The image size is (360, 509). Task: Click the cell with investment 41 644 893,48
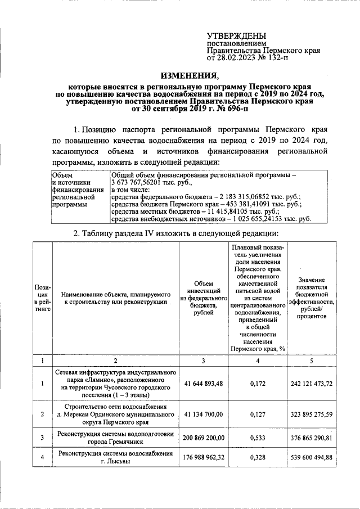[204, 384]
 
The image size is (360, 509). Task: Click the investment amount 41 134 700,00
[204, 415]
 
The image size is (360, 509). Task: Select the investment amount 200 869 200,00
[204, 437]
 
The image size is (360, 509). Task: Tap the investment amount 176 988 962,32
[204, 457]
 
